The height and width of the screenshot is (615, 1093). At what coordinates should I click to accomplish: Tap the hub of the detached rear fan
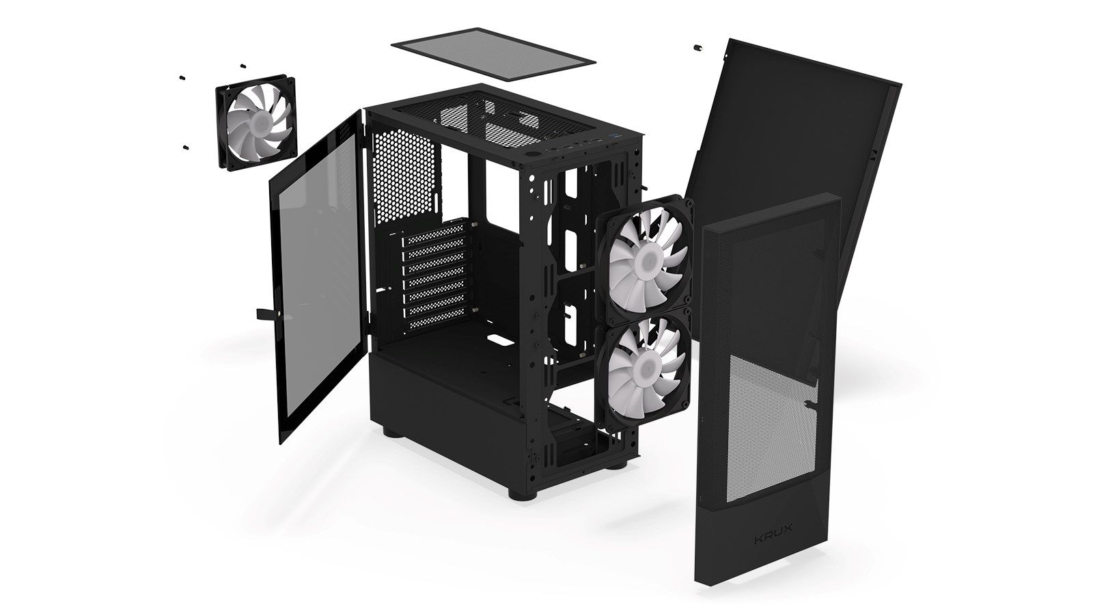260,122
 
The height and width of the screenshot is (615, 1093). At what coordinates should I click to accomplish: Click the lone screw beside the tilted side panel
697,48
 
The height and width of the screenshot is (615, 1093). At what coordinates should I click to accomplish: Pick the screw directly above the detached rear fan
243,66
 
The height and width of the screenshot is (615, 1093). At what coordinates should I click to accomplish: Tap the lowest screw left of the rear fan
185,146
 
